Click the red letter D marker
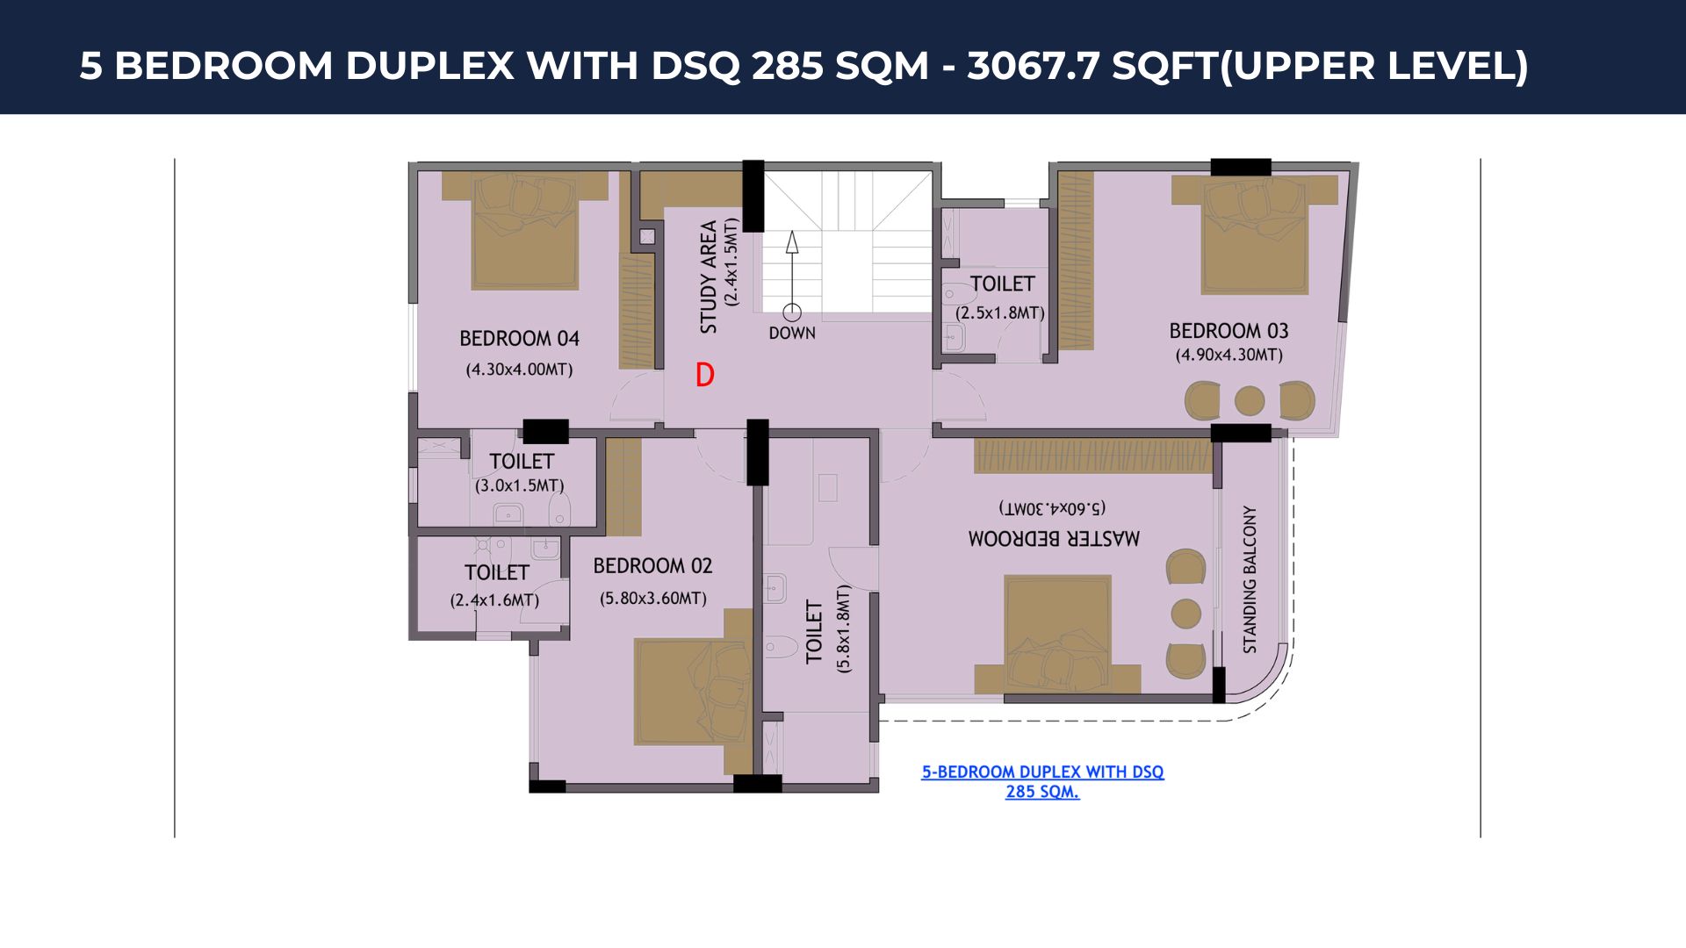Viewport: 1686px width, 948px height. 704,376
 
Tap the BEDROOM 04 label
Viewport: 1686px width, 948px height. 519,338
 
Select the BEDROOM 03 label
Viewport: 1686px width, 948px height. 1228,331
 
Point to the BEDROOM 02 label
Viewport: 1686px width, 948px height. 652,566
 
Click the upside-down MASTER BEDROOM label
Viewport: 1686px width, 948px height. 1054,538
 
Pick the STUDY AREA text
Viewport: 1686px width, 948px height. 709,276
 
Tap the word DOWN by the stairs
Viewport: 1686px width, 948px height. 792,334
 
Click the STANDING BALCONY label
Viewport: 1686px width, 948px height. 1250,579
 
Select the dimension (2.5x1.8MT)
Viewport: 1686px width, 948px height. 1000,313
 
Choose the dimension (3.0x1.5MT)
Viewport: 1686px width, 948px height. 519,485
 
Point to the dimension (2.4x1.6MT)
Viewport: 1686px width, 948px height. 494,600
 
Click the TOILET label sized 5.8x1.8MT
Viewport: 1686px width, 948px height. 814,631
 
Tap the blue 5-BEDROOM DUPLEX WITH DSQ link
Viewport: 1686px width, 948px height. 1042,781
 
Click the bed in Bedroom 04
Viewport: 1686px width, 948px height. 525,230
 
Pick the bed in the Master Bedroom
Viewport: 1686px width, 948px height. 1057,634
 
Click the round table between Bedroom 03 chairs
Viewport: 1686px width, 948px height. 1250,401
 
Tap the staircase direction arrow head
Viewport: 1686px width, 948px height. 792,242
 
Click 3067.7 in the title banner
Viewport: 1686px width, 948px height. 1034,66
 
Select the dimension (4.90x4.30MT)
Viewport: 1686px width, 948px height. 1228,355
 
